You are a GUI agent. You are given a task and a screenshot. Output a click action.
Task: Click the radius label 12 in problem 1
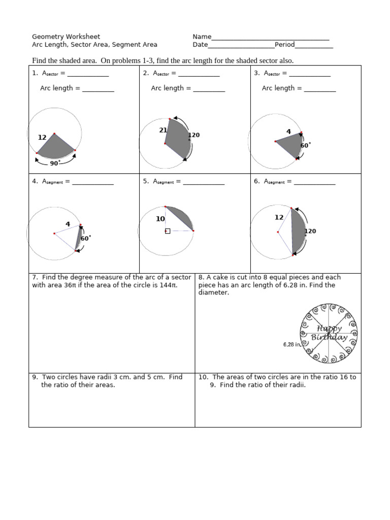click(x=42, y=138)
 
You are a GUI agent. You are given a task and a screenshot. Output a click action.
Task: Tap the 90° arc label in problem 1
click(x=55, y=163)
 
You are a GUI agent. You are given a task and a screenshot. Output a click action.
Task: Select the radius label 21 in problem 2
click(x=163, y=130)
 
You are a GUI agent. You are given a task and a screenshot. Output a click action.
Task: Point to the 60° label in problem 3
click(x=305, y=145)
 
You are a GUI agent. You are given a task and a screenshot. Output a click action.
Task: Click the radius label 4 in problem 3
click(x=288, y=132)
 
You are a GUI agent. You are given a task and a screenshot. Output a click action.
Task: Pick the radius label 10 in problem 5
click(x=160, y=219)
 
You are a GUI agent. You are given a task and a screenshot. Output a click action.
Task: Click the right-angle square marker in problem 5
click(x=168, y=231)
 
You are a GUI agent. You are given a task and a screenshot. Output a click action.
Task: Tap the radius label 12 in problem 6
click(x=279, y=217)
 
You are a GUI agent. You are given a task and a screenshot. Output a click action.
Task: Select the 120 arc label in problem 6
click(x=310, y=231)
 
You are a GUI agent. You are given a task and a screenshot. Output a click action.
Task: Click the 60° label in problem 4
click(x=86, y=238)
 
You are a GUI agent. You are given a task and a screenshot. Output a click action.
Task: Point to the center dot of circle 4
click(x=54, y=234)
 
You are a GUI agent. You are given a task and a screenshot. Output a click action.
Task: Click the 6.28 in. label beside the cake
click(x=292, y=344)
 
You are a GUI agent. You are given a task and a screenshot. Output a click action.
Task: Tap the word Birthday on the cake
click(x=329, y=338)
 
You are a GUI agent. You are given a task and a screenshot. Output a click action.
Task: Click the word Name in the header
click(x=202, y=37)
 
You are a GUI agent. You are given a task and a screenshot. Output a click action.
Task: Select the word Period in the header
click(x=284, y=45)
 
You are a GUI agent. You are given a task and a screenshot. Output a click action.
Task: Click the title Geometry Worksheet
click(x=66, y=37)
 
